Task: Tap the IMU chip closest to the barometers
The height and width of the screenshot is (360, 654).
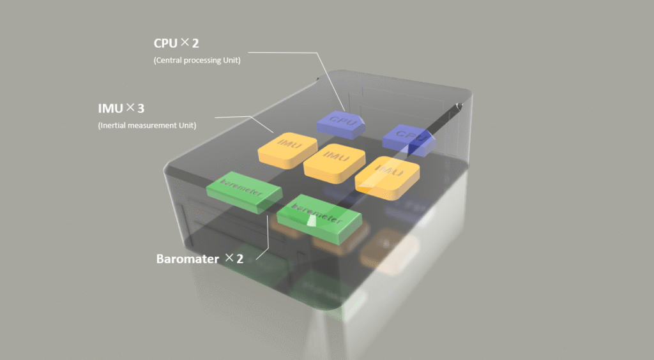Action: click(x=287, y=151)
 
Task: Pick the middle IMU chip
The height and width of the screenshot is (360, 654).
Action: click(x=330, y=160)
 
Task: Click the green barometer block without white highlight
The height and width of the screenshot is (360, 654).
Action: click(x=244, y=190)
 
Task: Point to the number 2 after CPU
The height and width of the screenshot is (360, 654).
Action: click(x=196, y=44)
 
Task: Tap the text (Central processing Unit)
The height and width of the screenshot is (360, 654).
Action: click(x=197, y=61)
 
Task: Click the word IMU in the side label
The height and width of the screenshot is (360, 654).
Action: click(x=110, y=109)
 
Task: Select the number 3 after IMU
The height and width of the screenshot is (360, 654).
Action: click(x=141, y=109)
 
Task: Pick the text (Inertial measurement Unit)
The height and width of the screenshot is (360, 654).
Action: click(x=147, y=125)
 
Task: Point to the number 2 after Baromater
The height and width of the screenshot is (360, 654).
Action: click(x=240, y=259)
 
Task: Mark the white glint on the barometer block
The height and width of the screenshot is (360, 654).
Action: click(x=312, y=221)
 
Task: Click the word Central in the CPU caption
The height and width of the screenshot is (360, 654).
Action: click(x=169, y=61)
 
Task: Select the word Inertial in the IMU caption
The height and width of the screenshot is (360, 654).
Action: click(x=114, y=125)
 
